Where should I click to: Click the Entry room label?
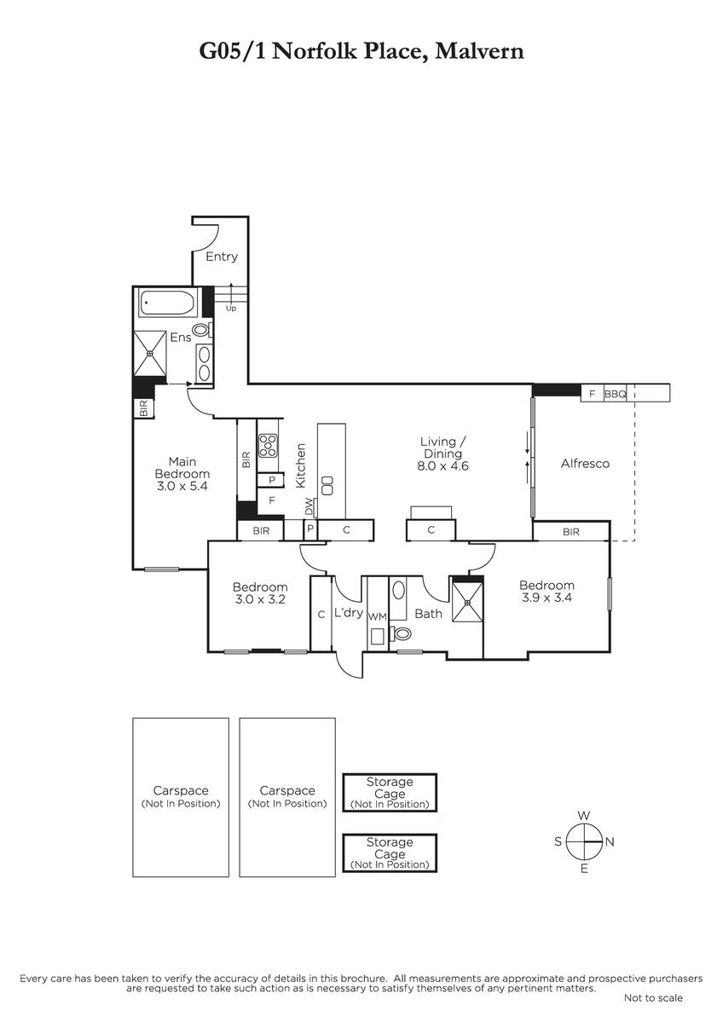click(x=222, y=257)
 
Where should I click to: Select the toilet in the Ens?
click(x=202, y=329)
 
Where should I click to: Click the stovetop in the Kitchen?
click(x=268, y=445)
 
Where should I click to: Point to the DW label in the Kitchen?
click(x=309, y=506)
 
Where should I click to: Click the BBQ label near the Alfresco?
click(x=616, y=394)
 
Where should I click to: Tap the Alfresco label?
click(x=585, y=464)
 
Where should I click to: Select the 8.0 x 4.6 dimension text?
click(x=442, y=465)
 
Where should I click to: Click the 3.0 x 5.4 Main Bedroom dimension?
click(x=182, y=486)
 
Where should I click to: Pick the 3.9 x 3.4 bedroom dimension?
click(x=547, y=598)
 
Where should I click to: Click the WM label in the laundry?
click(x=377, y=616)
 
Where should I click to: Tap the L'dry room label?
click(x=349, y=612)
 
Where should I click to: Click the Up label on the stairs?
click(x=231, y=309)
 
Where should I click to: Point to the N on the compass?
click(x=610, y=841)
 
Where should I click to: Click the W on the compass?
click(x=584, y=816)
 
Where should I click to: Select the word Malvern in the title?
click(x=479, y=50)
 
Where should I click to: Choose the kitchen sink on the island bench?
click(x=327, y=486)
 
